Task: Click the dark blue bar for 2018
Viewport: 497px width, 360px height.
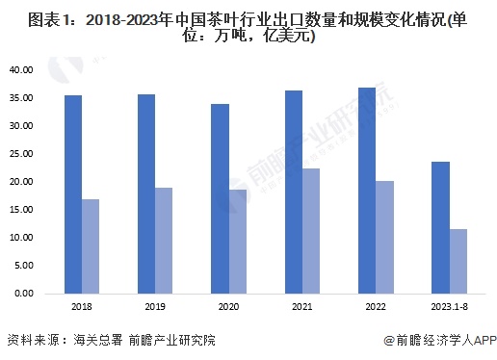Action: (x=73, y=193)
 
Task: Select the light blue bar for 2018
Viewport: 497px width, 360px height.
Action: (x=90, y=245)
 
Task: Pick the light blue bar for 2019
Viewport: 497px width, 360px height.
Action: (x=163, y=240)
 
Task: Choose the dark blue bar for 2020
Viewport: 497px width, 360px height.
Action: (x=220, y=198)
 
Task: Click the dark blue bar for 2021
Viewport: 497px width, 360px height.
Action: (x=293, y=192)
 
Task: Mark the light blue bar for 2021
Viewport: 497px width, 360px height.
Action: (x=310, y=230)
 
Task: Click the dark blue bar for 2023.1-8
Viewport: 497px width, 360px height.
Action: (x=439, y=227)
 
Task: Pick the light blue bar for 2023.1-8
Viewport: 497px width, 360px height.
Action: (x=457, y=261)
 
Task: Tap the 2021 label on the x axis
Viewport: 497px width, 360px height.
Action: (x=301, y=307)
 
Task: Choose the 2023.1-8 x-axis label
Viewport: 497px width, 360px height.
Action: (x=448, y=307)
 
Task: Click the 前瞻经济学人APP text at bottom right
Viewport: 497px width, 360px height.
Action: (x=439, y=340)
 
